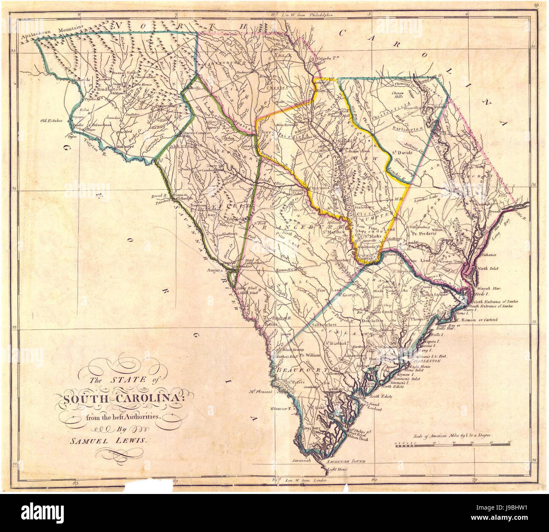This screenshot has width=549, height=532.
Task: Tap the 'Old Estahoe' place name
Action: [52, 120]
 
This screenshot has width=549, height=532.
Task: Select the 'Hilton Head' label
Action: [358, 439]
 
